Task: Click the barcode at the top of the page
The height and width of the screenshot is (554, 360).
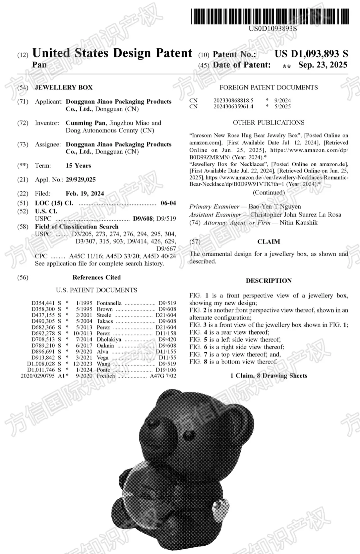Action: (x=270, y=16)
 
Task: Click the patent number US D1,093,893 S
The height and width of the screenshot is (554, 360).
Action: (x=311, y=54)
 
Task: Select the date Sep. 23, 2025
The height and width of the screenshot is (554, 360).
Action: (x=322, y=65)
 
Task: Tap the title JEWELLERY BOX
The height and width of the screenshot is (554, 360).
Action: (x=64, y=87)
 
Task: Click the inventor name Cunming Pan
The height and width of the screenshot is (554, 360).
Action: (x=86, y=123)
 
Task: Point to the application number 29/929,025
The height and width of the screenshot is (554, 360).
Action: (x=81, y=179)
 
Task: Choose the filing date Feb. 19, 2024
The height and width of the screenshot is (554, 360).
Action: (x=85, y=193)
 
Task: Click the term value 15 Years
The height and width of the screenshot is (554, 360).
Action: (x=78, y=165)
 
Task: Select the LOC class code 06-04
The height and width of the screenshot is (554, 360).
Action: (x=168, y=203)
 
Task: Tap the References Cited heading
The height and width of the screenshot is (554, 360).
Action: (x=97, y=277)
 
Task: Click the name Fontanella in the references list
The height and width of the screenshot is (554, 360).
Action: (x=109, y=303)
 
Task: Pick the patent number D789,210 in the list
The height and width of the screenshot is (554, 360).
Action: (x=43, y=346)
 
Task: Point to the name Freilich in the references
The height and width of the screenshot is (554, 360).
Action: (x=106, y=376)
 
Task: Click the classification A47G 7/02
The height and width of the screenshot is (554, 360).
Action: (x=163, y=376)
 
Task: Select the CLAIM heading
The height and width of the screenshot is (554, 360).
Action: (x=269, y=241)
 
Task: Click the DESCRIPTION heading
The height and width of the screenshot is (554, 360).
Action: (x=269, y=281)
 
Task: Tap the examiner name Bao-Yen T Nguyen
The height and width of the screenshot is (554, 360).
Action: (x=275, y=206)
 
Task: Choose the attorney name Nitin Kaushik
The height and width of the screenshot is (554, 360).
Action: (x=299, y=222)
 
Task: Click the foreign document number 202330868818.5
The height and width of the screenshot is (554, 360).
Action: (x=233, y=100)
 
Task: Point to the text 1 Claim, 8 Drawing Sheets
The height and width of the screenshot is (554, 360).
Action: (x=269, y=376)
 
